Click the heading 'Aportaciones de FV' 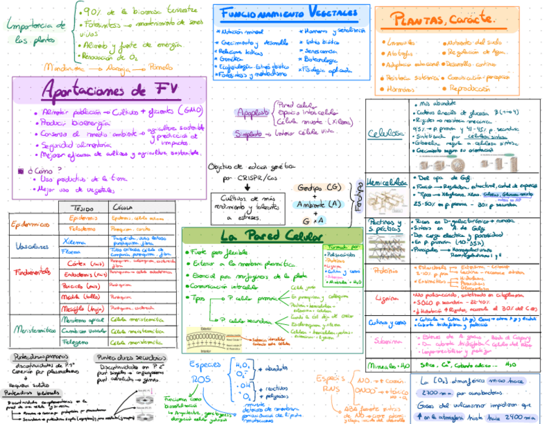point(109,90)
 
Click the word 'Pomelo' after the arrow point(161,67)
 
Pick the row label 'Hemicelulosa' point(387,182)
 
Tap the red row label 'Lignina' point(387,298)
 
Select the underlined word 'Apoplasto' point(250,113)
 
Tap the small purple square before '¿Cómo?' point(21,171)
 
